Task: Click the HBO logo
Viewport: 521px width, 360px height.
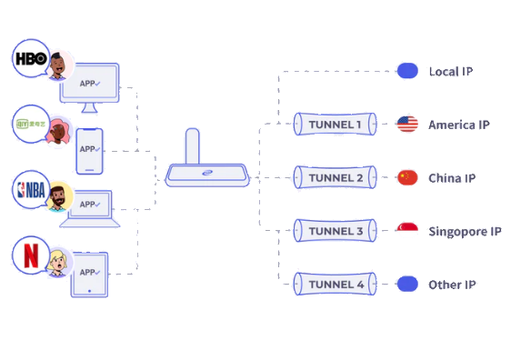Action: pyautogui.click(x=29, y=59)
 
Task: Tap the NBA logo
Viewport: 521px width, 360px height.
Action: pyautogui.click(x=29, y=191)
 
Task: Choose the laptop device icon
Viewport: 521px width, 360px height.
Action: pyautogui.click(x=89, y=208)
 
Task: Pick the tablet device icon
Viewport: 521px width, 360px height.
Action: pyautogui.click(x=89, y=275)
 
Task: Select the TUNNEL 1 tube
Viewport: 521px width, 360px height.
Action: pyautogui.click(x=335, y=125)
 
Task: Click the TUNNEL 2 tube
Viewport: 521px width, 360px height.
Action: pyautogui.click(x=335, y=177)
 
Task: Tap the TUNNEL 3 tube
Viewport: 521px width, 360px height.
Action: pyautogui.click(x=335, y=232)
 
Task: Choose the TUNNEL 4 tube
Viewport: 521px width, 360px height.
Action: pyautogui.click(x=335, y=285)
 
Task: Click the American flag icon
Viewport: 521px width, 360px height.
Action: pyautogui.click(x=407, y=125)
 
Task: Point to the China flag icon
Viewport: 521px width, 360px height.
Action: pyautogui.click(x=407, y=177)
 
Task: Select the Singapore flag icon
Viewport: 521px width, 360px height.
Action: pyautogui.click(x=407, y=231)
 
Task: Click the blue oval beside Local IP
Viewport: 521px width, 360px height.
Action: pyautogui.click(x=407, y=71)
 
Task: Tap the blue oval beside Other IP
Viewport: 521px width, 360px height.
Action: pyautogui.click(x=407, y=285)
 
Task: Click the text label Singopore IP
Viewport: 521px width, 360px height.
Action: pyautogui.click(x=465, y=232)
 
